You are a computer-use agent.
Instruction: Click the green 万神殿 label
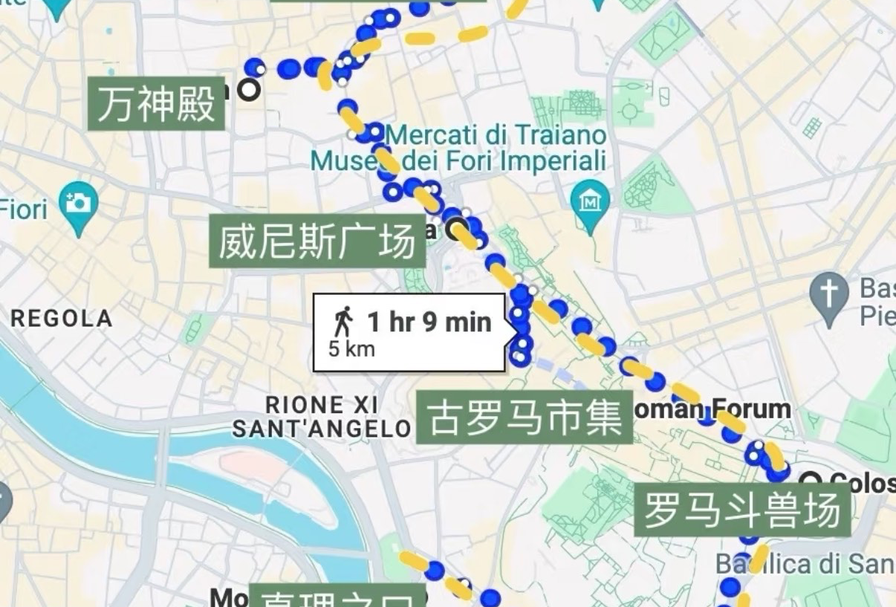(x=156, y=104)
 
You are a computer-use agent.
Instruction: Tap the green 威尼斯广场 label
(x=317, y=241)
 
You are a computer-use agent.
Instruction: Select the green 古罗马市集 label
(x=524, y=417)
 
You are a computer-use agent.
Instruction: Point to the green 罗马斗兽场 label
(x=742, y=510)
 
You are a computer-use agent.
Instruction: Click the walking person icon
(x=343, y=322)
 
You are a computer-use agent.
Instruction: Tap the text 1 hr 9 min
(x=429, y=322)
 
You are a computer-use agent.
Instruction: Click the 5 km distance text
(x=351, y=348)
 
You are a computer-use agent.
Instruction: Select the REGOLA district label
(x=61, y=319)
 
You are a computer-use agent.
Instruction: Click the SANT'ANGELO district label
(x=322, y=429)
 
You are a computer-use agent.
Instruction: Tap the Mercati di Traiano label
(x=496, y=136)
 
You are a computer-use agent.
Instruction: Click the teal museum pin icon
(x=590, y=201)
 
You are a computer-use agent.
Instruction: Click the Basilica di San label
(x=806, y=564)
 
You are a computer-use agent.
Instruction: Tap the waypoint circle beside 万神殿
(x=249, y=90)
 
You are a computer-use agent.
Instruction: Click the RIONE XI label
(x=322, y=406)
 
